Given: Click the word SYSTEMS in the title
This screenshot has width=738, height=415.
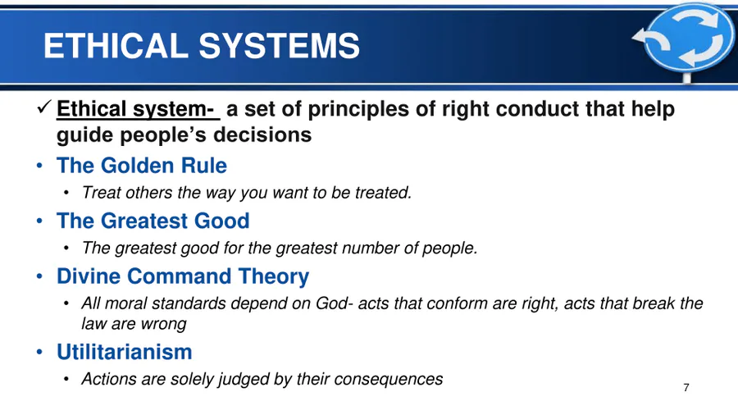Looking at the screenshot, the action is click(x=279, y=46).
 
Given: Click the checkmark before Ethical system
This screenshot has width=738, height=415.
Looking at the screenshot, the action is click(x=43, y=107).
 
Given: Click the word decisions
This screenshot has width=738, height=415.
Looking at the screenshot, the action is click(x=262, y=135).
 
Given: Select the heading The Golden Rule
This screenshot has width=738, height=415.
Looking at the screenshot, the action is click(x=142, y=166).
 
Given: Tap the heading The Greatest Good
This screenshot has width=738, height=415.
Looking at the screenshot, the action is click(x=153, y=221).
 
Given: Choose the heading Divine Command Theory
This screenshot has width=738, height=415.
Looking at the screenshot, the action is click(x=183, y=276).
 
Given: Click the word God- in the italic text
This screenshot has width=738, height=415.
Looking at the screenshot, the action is click(x=335, y=303).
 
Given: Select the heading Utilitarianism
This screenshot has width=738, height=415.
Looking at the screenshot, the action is click(x=125, y=352).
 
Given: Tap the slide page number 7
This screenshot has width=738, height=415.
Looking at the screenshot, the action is click(x=686, y=388).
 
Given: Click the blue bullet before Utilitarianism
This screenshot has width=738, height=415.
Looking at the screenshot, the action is click(x=39, y=352).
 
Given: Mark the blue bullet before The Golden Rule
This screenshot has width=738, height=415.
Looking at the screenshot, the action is click(x=39, y=166).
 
